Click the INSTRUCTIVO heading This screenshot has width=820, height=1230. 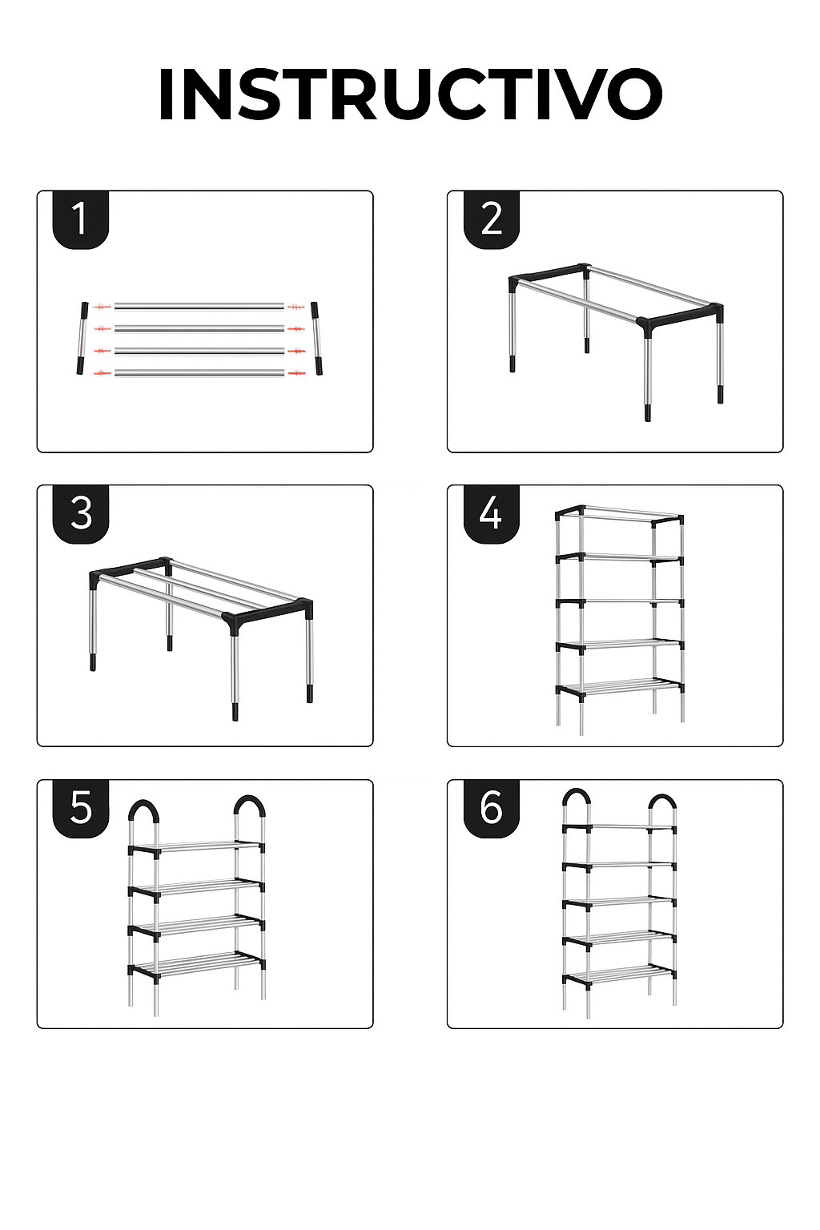(x=410, y=94)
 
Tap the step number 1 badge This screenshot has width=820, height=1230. (x=81, y=219)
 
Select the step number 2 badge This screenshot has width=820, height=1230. (x=492, y=219)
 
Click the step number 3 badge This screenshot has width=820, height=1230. (x=81, y=515)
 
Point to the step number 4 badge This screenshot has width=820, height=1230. (x=492, y=515)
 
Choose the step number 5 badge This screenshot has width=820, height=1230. (x=81, y=809)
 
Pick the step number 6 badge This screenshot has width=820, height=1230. (x=492, y=809)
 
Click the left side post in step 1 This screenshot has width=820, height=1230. (x=82, y=338)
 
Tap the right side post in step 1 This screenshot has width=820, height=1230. (x=316, y=338)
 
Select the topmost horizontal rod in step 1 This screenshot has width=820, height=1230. (x=199, y=306)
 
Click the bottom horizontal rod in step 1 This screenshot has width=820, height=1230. (x=199, y=373)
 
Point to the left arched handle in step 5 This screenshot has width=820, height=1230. (x=144, y=810)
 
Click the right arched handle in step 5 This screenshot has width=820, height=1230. (x=249, y=806)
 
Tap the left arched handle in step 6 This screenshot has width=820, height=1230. (x=577, y=798)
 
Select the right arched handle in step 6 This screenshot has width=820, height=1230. (x=661, y=801)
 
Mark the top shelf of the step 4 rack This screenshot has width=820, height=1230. (x=620, y=517)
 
